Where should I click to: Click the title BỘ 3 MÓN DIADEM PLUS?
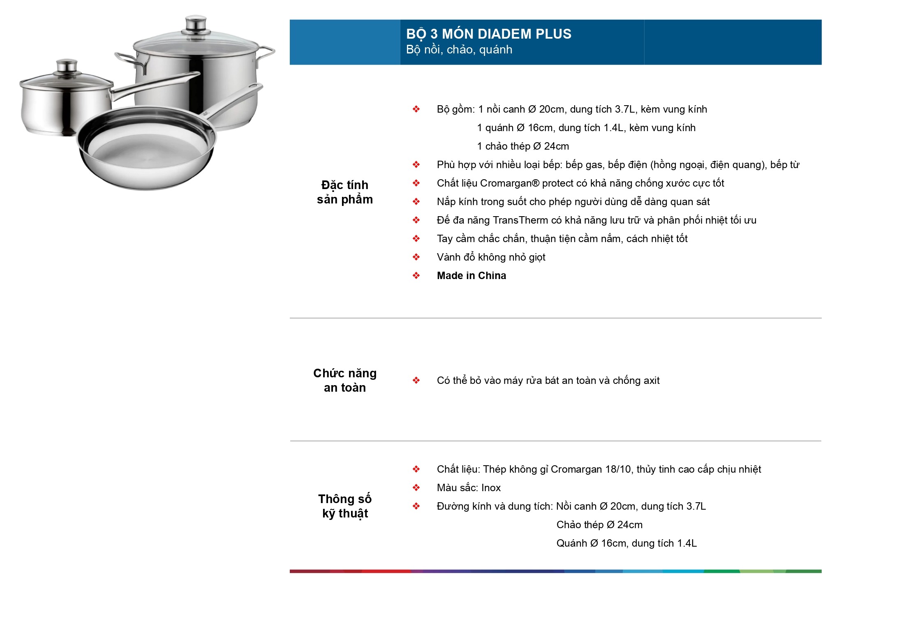488,34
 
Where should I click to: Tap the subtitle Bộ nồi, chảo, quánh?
459,50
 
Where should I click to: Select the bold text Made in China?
471,276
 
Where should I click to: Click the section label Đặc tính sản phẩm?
344,192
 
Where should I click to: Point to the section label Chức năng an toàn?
344,380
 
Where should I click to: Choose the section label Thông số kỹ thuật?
344,506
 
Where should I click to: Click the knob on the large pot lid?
196,24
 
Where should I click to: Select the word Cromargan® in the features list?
509,183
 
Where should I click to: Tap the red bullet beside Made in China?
416,276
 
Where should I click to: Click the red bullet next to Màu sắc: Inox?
416,488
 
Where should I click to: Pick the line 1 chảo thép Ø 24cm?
522,146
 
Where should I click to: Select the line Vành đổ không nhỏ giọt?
491,257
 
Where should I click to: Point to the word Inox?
491,488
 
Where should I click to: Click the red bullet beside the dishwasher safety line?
416,381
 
